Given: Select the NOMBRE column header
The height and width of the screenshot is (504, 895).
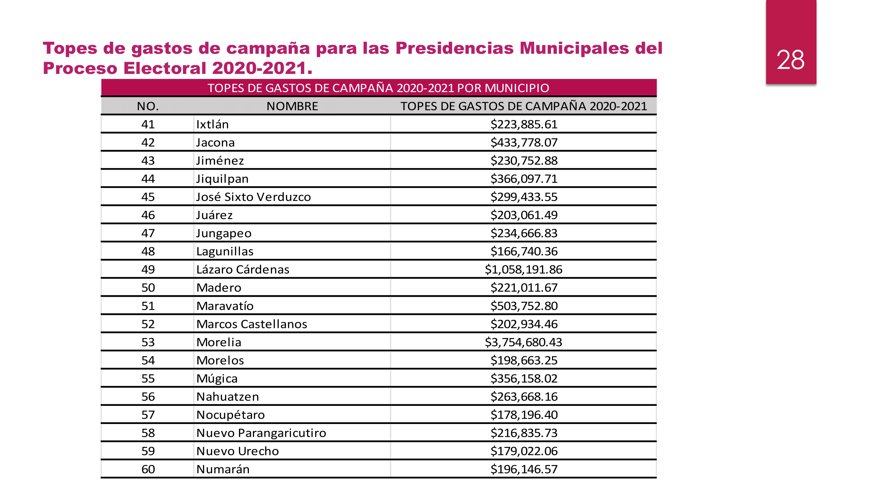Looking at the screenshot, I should pos(292,106).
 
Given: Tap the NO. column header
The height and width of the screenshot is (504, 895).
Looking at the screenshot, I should pos(148,106).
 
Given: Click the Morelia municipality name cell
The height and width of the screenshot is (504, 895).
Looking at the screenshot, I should pos(218,342).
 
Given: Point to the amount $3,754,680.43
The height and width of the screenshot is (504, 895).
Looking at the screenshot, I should pos(523,342).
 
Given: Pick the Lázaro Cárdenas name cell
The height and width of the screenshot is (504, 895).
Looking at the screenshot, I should pos(243,269).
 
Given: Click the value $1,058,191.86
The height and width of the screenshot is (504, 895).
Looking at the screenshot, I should pos(523,269).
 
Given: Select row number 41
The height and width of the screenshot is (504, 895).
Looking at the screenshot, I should pos(148,125).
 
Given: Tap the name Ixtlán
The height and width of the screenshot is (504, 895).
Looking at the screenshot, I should pos(212,125).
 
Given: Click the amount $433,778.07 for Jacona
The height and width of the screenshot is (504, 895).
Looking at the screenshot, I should pos(524,142).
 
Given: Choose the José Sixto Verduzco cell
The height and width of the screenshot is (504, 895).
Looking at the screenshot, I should pos(253,197).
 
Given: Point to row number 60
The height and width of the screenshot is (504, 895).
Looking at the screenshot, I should pos(148,469).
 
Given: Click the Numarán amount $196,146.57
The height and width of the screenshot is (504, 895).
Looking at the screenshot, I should pos(524,469).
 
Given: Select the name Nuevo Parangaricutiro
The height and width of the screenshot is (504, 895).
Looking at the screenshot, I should pos(261,433).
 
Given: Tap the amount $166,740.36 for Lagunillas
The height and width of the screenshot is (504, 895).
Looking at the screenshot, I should pos(524,251).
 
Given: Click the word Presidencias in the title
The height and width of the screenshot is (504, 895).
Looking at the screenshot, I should pos(454,48).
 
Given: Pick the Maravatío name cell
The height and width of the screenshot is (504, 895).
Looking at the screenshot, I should pos(225,306).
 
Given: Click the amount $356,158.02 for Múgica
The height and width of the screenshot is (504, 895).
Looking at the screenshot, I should pos(524,378).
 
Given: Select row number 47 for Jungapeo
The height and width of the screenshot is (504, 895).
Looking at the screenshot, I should pos(148,234).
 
